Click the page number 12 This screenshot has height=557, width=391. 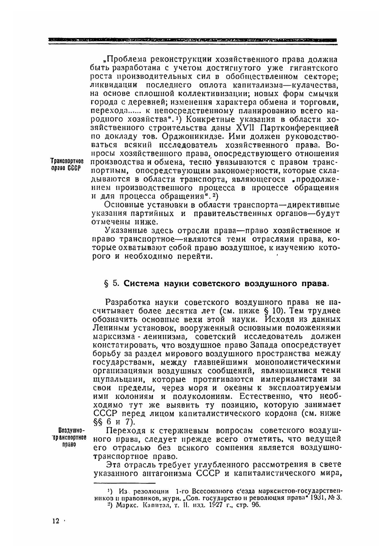point(56,521)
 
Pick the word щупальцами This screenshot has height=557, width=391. point(113,379)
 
